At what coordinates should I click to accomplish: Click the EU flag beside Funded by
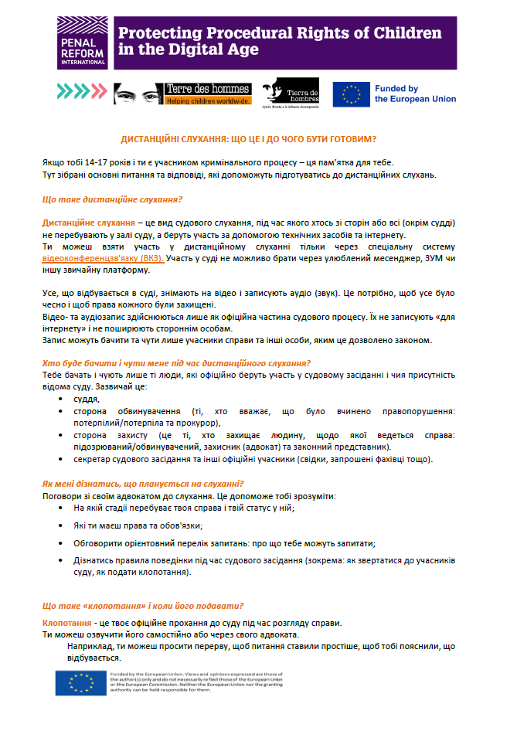(352, 93)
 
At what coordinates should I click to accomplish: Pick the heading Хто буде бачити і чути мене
(176, 363)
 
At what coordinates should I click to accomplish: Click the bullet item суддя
(87, 399)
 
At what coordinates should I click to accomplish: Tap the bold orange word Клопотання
(68, 623)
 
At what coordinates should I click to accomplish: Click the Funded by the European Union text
(415, 93)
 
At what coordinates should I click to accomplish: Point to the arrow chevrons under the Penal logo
(81, 90)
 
